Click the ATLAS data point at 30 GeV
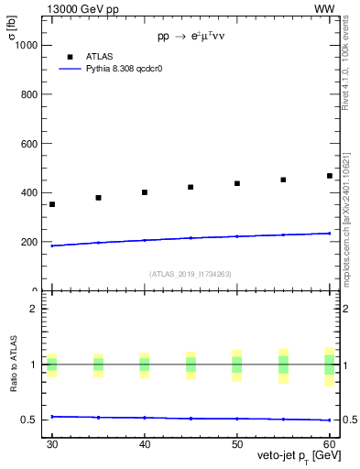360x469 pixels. point(52,204)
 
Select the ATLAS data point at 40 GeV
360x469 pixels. point(145,192)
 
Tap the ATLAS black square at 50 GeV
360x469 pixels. point(237,183)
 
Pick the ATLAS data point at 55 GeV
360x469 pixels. point(283,180)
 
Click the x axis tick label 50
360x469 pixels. point(237,444)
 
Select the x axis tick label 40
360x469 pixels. point(145,444)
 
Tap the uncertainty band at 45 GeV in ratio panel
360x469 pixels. point(191,365)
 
